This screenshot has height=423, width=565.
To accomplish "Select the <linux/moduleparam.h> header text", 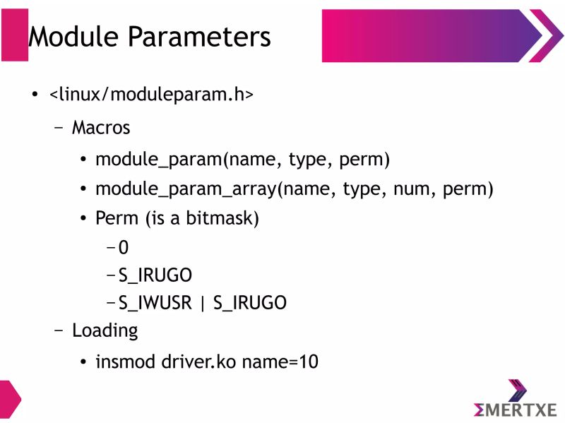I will click(151, 94).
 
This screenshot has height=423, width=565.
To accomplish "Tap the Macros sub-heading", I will click(101, 128).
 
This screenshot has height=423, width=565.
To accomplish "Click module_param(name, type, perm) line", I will click(242, 159).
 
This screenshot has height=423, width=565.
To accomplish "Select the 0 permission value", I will click(124, 248).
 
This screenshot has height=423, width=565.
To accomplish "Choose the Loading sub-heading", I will click(105, 330).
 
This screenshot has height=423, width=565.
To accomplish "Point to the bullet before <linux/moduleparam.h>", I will click(34, 95).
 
